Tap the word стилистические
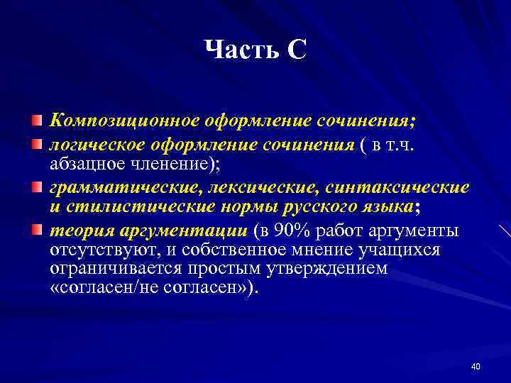tap(131, 207)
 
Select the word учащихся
tap(400, 250)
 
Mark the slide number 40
tap(475, 366)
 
